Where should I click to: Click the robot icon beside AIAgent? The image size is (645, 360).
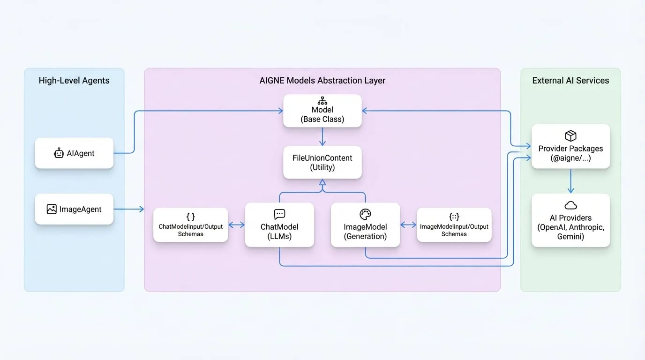59,153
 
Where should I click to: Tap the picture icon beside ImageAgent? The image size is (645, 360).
52,209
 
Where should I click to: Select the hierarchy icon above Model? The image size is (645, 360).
322,101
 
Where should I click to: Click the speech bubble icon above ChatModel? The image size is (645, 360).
279,214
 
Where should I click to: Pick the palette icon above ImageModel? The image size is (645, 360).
365,214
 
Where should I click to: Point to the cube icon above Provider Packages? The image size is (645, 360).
570,135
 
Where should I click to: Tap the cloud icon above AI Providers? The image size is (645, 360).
570,205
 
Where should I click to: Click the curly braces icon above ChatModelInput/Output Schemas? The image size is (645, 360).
191,217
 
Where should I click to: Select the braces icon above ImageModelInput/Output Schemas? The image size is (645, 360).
454,217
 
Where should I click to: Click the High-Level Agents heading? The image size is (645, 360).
74,80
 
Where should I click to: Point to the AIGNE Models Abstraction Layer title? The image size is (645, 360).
322,80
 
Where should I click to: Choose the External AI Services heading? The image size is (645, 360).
570,80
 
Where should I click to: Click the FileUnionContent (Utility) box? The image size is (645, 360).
322,163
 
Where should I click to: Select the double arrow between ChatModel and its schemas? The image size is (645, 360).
236,225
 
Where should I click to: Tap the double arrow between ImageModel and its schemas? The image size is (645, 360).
408,225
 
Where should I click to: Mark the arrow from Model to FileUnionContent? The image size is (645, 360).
322,136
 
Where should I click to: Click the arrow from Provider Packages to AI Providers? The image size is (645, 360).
571,181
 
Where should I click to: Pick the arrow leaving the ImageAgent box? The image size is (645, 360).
129,209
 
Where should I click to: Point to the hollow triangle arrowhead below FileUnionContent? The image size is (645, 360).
322,182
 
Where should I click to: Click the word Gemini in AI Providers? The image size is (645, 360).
570,236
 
